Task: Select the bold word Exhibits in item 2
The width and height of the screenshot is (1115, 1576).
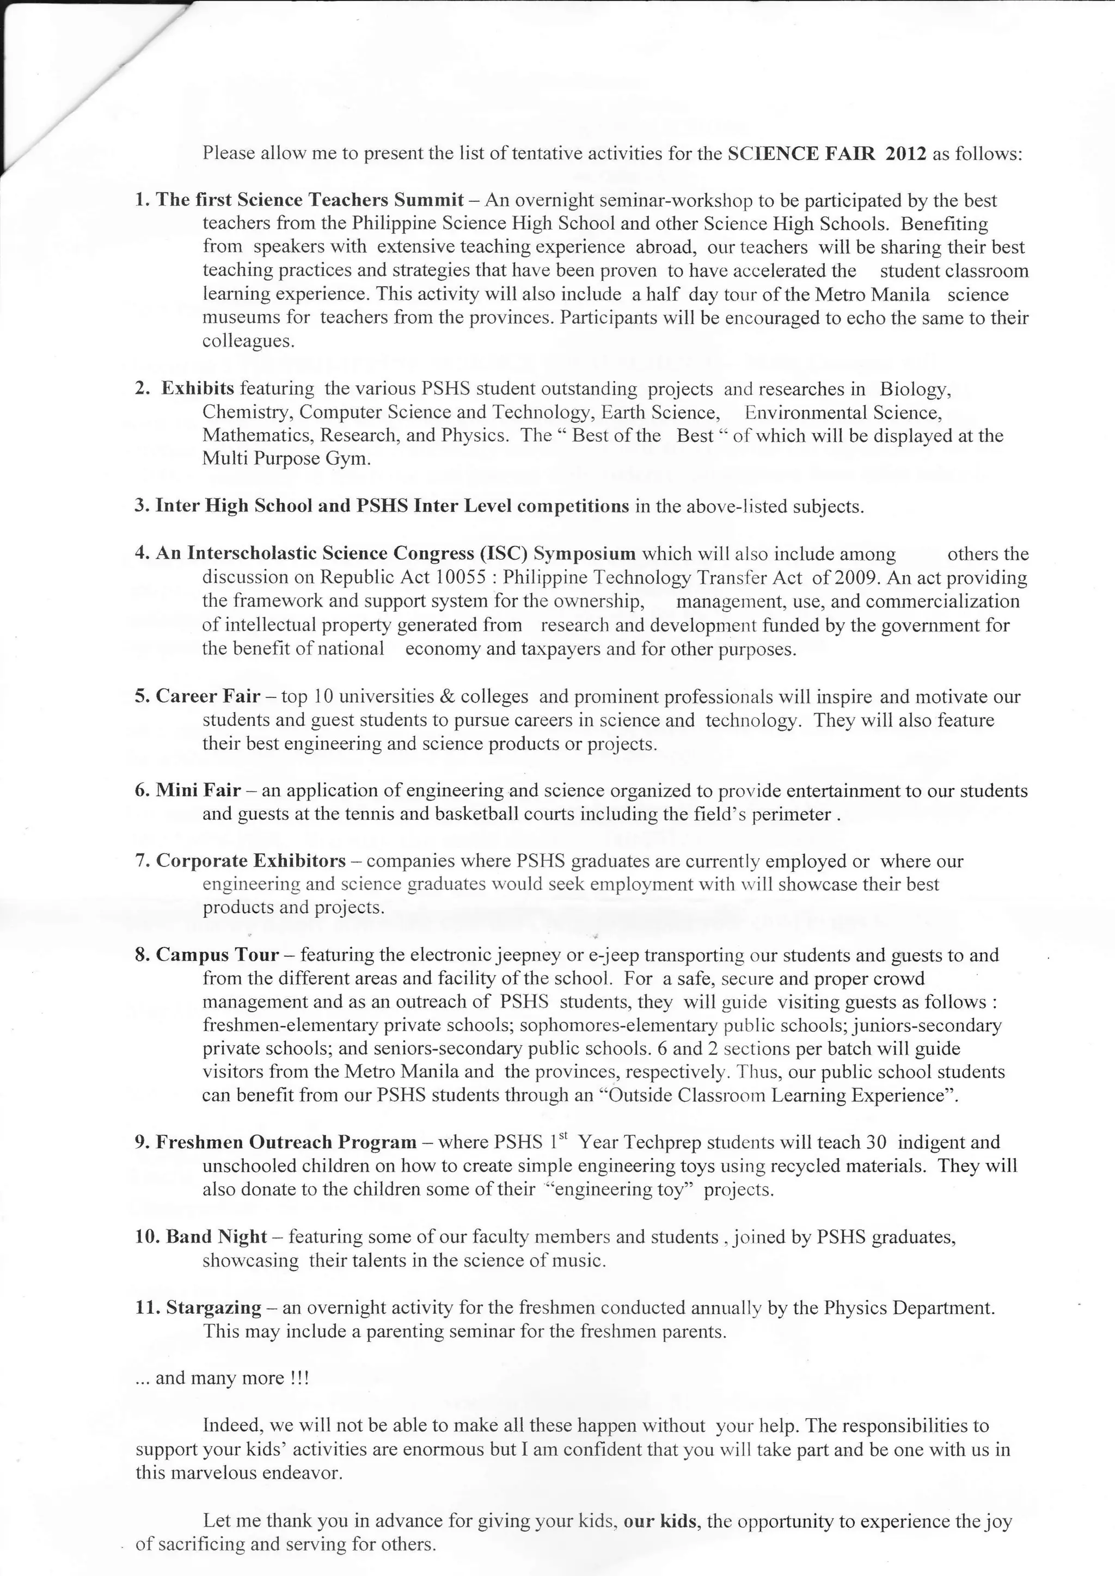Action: [x=198, y=389]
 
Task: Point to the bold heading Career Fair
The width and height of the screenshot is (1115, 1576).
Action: [x=208, y=696]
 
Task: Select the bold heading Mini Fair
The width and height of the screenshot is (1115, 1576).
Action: [x=198, y=790]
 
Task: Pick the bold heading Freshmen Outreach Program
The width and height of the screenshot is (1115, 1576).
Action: [x=286, y=1142]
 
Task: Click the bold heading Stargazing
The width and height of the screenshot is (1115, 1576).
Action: [x=213, y=1308]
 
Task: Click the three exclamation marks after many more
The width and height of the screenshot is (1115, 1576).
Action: [x=300, y=1378]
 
